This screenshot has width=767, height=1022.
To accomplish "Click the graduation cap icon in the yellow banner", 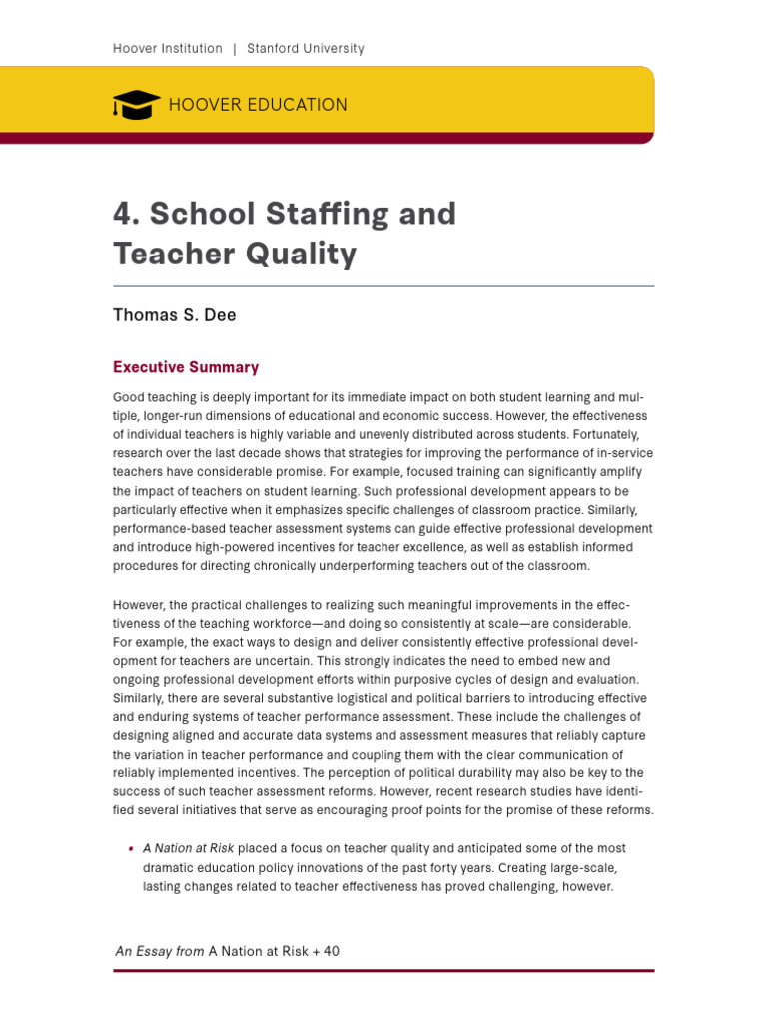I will tap(136, 104).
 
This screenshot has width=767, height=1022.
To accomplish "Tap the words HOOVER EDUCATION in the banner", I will tap(258, 105).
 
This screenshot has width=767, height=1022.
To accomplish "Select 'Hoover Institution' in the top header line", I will tap(167, 48).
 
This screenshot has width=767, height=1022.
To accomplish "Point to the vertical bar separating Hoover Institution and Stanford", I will tap(235, 48).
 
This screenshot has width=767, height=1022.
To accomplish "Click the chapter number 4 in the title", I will tap(123, 214).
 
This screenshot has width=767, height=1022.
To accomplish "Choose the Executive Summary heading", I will tap(186, 367).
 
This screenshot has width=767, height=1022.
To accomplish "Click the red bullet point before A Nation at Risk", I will tap(131, 849).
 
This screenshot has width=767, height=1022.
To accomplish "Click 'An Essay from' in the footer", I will tap(160, 951).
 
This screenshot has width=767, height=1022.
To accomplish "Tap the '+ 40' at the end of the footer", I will tap(326, 951).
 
